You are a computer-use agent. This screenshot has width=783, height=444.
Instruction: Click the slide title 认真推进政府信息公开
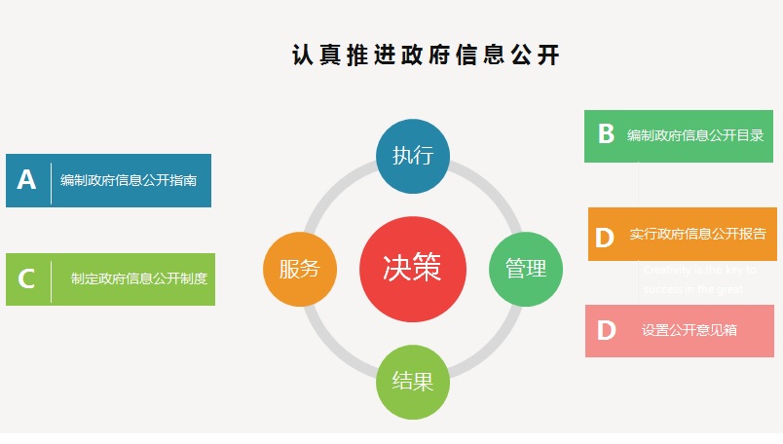pos(426,55)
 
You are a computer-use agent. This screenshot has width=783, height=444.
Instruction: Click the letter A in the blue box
pos(26,180)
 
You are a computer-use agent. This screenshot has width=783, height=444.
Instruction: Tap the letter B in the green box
pos(606,134)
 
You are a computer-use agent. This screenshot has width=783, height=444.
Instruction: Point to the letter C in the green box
pos(26,279)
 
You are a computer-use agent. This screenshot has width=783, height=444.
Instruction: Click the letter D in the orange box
pos(605,238)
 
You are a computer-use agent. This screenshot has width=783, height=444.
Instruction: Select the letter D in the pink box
pos(606,331)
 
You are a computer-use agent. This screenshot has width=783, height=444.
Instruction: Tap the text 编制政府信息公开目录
pos(694,135)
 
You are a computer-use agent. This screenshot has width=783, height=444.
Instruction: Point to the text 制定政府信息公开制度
pos(139,278)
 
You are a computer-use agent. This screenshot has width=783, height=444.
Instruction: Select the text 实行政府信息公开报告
pos(697,235)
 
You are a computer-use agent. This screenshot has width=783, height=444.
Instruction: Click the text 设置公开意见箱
pos(690,331)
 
